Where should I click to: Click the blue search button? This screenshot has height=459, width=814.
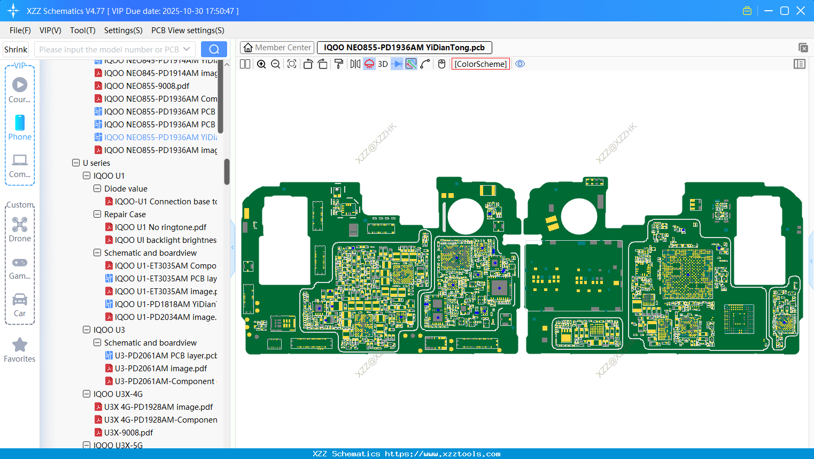214,49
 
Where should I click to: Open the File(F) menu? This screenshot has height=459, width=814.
20,30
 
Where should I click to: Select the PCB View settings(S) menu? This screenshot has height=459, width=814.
188,30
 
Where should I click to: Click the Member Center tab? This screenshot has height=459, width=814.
277,48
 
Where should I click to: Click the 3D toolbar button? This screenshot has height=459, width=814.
383,64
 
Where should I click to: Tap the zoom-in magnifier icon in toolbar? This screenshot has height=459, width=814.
261,64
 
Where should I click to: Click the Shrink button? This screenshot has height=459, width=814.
16,49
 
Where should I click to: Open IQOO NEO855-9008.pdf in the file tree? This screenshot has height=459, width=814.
146,86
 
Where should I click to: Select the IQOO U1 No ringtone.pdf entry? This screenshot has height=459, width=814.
160,227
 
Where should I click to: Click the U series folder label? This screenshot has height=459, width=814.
96,163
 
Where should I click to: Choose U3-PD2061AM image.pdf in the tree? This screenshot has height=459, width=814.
161,369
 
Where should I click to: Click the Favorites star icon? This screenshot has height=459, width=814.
20,345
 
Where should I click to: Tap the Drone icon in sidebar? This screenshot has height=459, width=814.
20,225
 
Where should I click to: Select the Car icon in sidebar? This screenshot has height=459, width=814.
20,300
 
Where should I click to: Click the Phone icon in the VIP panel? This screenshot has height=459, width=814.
20,123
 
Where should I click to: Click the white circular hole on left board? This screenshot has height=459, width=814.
466,216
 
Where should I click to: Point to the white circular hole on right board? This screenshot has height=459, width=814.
579,216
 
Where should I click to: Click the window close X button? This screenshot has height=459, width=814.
801,11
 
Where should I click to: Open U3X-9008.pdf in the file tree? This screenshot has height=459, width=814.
128,433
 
